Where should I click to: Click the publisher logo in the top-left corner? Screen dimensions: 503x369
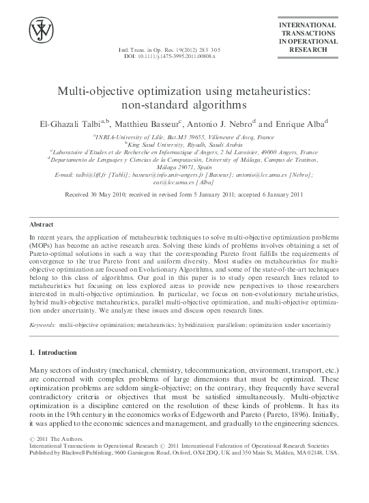pos(40,31)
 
